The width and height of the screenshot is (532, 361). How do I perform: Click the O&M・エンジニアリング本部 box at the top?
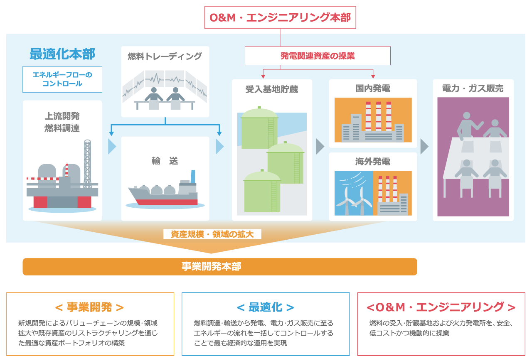point(280,17)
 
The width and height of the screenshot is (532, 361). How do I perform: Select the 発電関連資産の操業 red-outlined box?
point(318,56)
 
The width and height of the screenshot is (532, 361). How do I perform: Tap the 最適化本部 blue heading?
point(62,54)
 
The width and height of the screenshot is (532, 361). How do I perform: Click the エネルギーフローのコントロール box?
point(62,79)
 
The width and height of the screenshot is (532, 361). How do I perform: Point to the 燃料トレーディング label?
point(165,56)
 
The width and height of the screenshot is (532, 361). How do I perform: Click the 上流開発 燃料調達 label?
point(62,122)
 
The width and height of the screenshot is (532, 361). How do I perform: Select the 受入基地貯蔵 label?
point(272,89)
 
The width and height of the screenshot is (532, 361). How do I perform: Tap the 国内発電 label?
point(373,88)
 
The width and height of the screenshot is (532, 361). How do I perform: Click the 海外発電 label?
point(373,162)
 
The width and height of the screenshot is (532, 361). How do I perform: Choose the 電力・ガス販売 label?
point(473,88)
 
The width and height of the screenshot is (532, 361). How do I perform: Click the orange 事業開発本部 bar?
point(219,267)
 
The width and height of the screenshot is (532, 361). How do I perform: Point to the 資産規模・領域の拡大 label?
point(212,234)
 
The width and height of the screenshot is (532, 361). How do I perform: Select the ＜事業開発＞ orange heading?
point(90,307)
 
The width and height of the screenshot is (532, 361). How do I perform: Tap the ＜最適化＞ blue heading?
point(266,307)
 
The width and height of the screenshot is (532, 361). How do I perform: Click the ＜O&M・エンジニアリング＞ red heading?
point(441,307)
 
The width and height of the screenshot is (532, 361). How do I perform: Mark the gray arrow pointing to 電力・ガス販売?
point(424,147)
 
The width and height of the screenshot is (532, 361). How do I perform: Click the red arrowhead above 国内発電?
point(373,76)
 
